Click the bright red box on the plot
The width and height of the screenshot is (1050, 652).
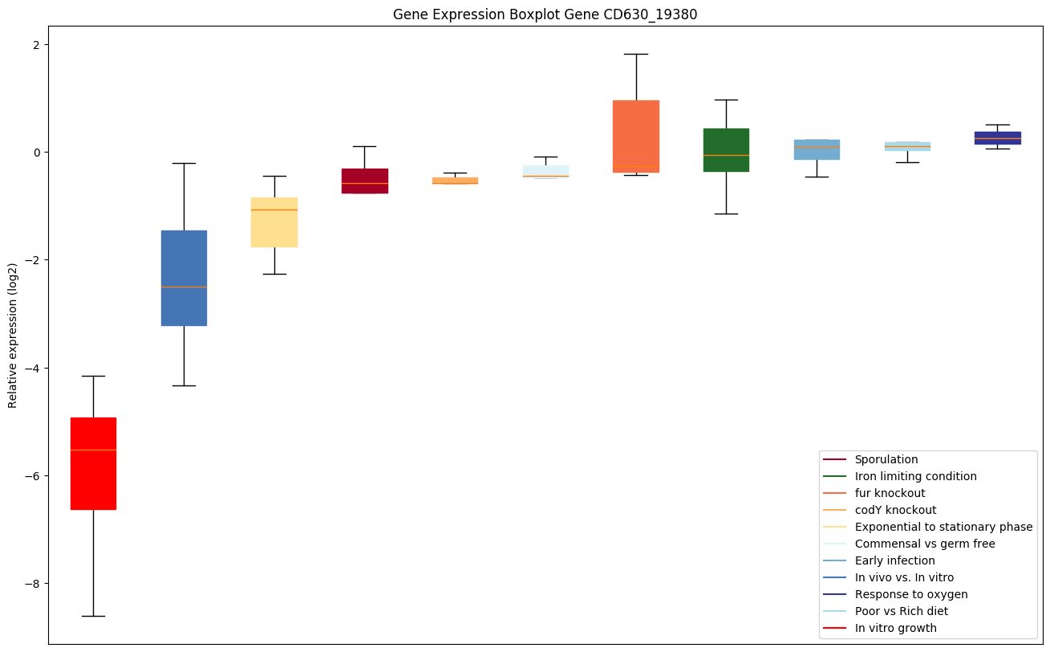click(93, 463)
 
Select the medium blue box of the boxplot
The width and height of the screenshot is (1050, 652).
click(184, 278)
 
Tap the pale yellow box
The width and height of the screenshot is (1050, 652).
click(274, 222)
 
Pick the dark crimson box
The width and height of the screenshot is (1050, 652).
click(365, 181)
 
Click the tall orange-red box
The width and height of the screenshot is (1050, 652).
click(636, 137)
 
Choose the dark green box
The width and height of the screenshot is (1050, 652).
click(726, 150)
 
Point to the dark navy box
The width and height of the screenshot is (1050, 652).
click(997, 137)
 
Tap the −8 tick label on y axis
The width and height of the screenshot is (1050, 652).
click(32, 584)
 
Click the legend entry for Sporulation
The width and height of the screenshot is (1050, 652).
click(886, 459)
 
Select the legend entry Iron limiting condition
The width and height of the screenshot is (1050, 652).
click(915, 476)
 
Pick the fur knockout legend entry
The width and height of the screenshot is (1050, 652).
click(890, 493)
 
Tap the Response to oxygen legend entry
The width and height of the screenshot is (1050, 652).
click(910, 594)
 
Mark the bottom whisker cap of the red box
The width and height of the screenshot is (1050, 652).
click(93, 616)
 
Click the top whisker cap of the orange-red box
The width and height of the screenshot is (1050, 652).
click(636, 54)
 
